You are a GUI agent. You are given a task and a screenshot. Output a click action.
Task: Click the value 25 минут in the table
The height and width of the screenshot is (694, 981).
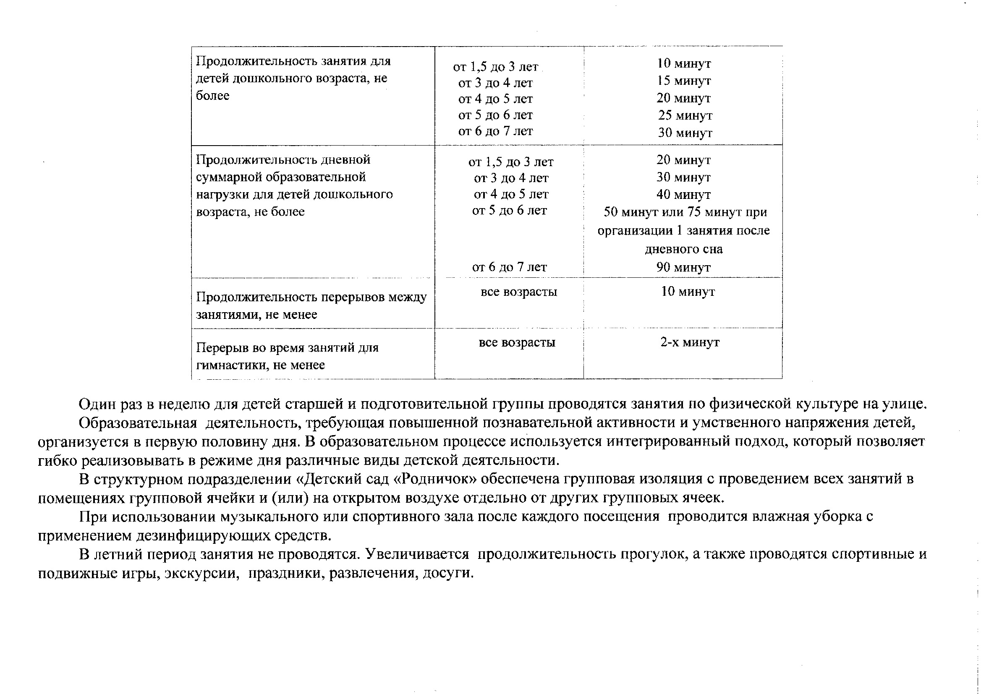(685, 115)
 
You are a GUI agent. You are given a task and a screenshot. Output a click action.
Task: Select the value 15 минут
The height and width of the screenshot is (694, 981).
(684, 81)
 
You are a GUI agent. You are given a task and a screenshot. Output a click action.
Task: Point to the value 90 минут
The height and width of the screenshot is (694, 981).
(683, 268)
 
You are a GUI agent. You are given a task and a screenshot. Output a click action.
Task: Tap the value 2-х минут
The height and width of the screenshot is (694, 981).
(690, 342)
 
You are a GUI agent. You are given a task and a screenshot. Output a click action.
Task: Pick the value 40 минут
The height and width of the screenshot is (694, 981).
(683, 195)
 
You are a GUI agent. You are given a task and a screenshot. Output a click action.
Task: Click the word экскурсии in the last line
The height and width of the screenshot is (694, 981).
(201, 573)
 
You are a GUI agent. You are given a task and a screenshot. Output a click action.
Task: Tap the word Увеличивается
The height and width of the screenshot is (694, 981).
(417, 554)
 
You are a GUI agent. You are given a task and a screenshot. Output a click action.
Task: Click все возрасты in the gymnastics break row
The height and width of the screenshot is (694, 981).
(517, 342)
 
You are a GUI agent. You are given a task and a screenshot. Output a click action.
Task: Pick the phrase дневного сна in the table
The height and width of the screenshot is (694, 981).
(683, 249)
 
